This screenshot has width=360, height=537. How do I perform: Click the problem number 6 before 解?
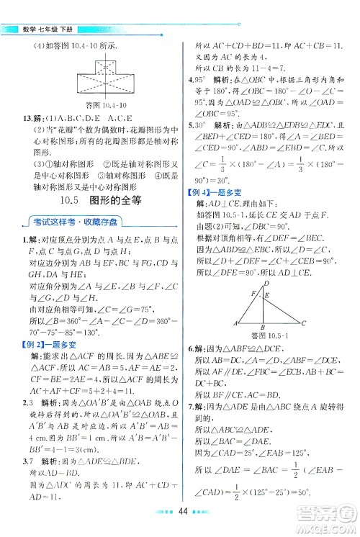(x=190, y=348)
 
